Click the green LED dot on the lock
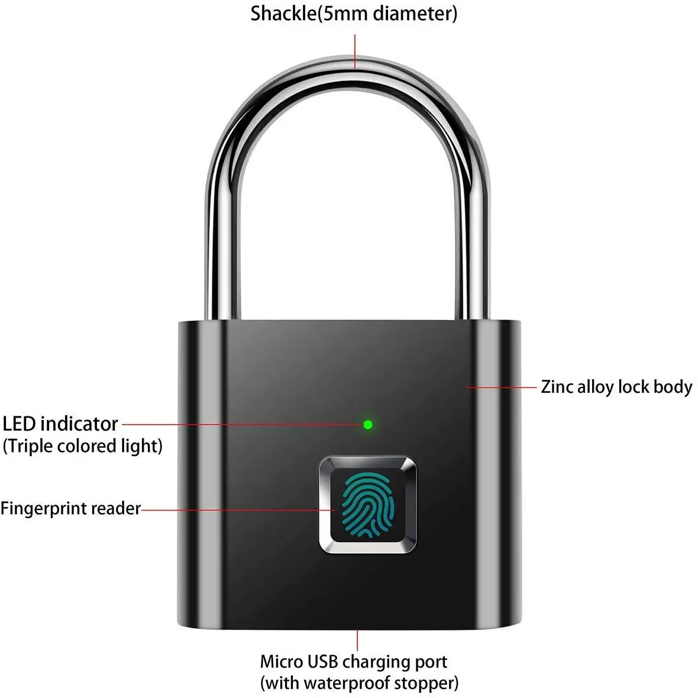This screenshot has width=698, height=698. click(368, 424)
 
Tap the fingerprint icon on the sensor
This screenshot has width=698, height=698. click(368, 505)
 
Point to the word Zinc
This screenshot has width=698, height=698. click(557, 387)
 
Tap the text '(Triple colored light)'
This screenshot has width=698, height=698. click(83, 446)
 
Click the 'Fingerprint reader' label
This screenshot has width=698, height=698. click(71, 508)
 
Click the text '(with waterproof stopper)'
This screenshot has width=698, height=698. click(359, 683)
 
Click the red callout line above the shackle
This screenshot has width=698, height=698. click(355, 51)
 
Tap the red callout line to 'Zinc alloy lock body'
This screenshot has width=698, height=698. click(501, 387)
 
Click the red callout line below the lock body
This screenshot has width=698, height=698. click(357, 639)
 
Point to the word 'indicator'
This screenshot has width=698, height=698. click(79, 424)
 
